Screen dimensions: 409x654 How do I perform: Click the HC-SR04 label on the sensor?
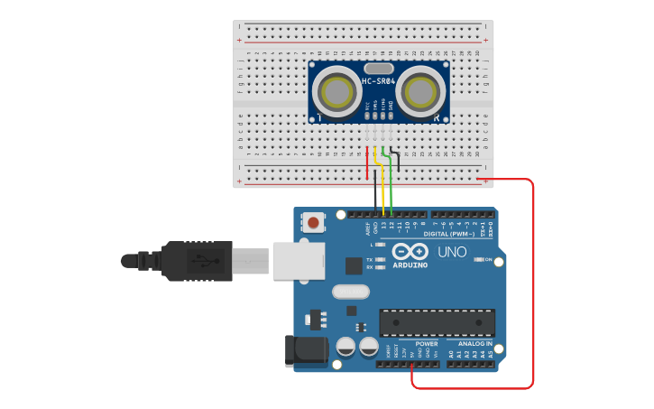pos(379,81)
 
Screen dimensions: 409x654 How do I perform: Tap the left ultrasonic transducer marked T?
pos(336,92)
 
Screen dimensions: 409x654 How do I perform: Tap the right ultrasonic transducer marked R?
pos(420,92)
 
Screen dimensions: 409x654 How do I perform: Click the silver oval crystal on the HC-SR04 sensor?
pos(379,68)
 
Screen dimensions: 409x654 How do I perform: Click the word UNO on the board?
pos(452,252)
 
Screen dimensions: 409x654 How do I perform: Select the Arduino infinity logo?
pos(410,253)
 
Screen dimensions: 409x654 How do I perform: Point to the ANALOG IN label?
pos(474,343)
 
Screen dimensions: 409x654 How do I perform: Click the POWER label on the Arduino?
pos(426,343)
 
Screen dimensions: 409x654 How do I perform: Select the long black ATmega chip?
pos(437,322)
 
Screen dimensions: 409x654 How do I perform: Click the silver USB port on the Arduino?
pos(298,260)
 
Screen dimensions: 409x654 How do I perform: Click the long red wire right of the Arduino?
pos(533,280)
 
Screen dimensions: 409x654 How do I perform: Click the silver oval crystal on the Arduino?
pos(350,292)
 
